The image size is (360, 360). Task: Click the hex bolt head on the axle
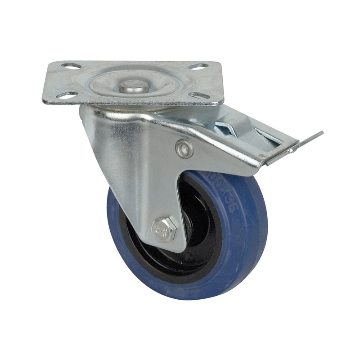(164, 229)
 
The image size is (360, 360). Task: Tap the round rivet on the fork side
(184, 149)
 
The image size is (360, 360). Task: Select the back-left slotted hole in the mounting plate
(71, 66)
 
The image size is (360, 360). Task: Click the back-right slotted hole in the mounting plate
(198, 67)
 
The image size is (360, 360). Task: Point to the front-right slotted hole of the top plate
(199, 95)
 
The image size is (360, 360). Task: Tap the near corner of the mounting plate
(45, 102)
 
